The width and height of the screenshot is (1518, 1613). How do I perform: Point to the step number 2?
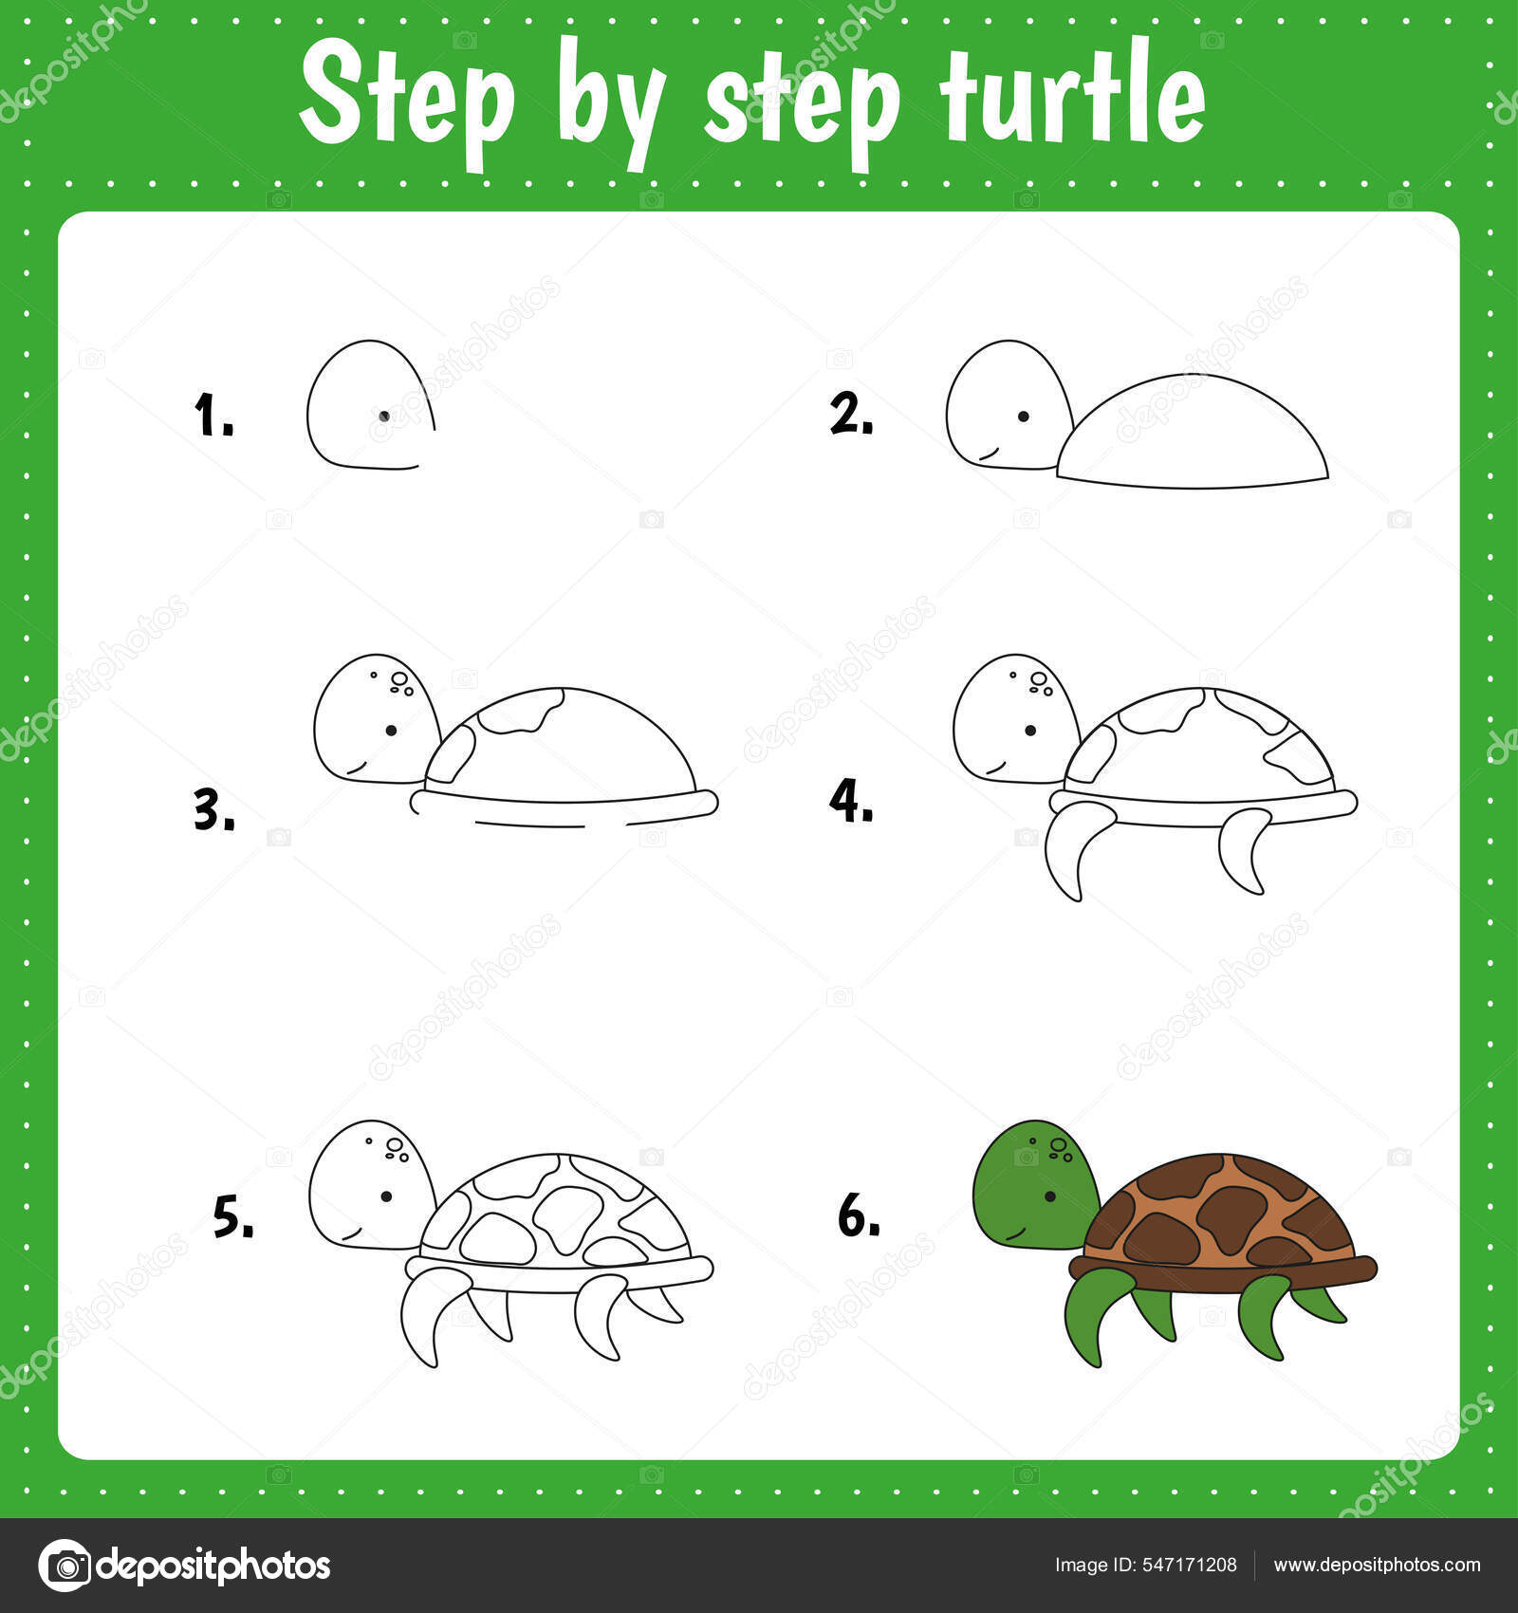point(850,415)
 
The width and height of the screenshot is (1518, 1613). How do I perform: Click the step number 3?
point(213,812)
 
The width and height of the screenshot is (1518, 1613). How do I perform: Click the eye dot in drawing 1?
point(384,416)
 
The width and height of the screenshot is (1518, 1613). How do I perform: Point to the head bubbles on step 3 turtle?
point(398,682)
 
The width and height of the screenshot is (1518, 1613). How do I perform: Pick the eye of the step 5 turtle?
point(386,1196)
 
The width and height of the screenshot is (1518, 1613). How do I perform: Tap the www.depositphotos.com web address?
point(1376,1565)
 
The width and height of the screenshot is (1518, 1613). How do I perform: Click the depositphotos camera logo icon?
point(65,1565)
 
